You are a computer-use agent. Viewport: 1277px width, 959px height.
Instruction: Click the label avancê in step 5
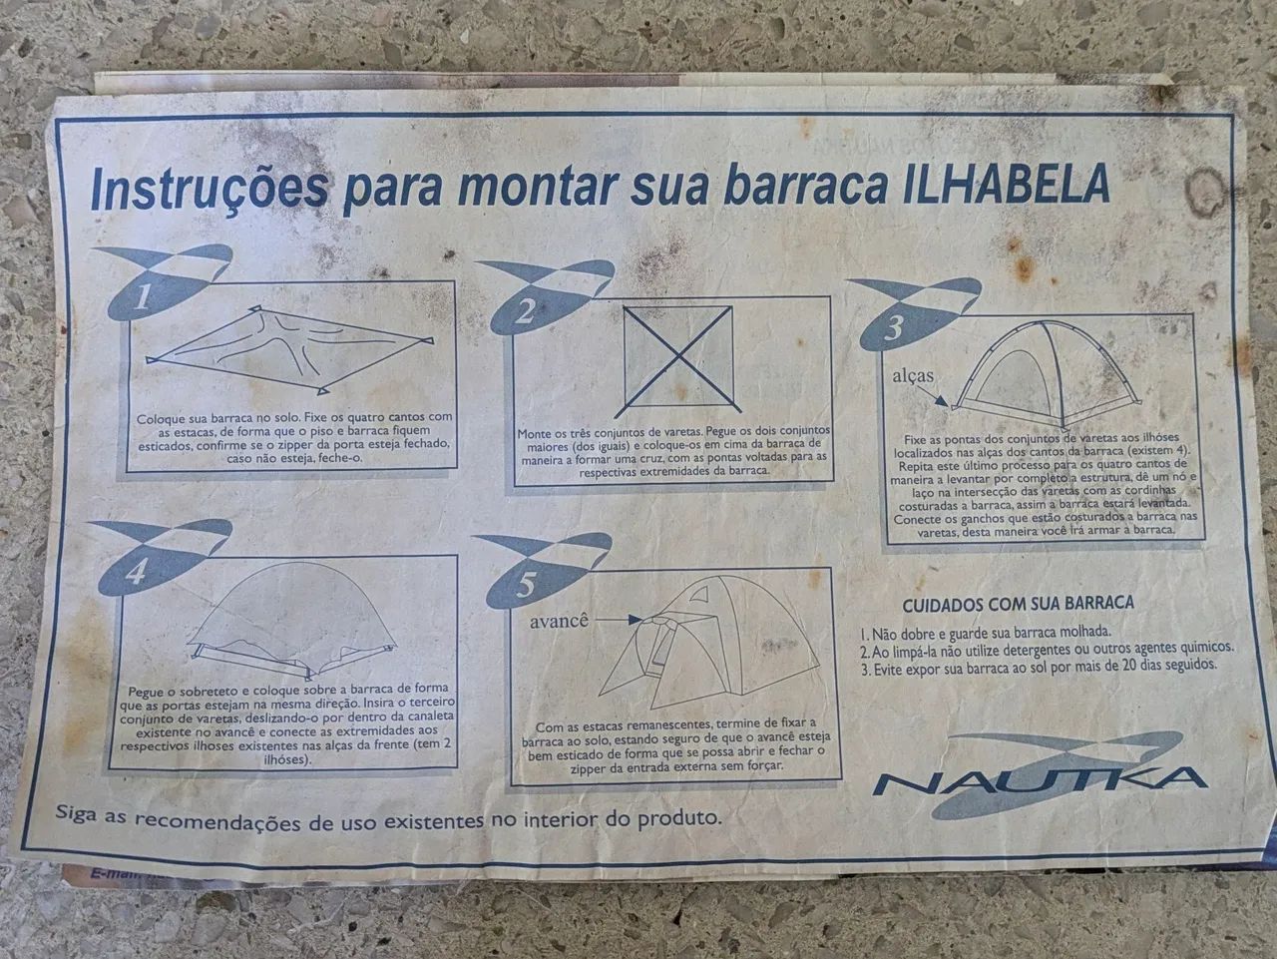click(x=562, y=619)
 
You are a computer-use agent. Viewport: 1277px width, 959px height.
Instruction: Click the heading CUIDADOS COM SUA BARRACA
click(x=1018, y=604)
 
